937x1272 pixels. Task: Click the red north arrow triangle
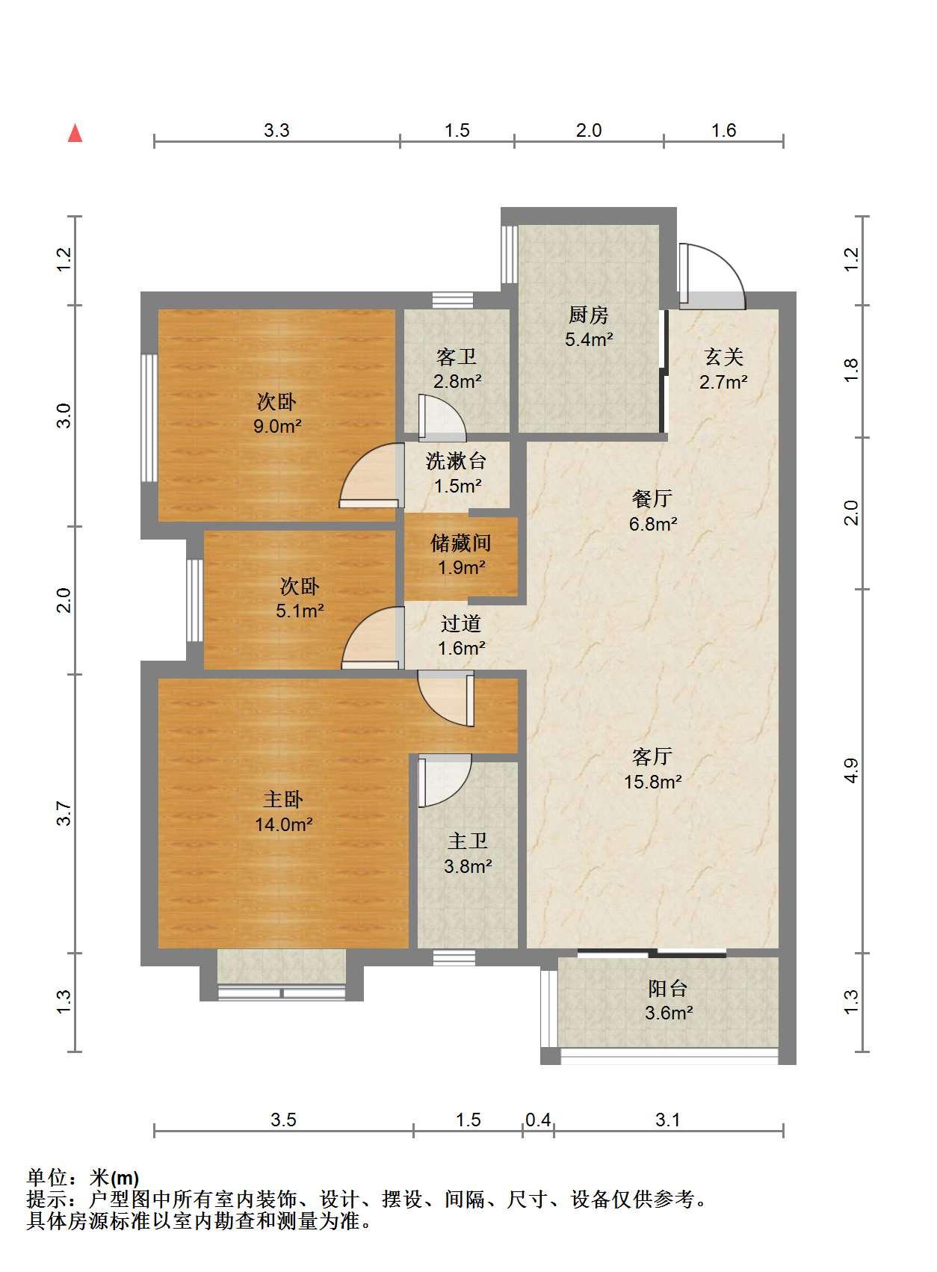tap(75, 134)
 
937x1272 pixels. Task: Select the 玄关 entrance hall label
tap(723, 356)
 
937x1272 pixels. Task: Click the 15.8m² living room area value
tap(652, 782)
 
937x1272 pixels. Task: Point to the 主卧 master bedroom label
tap(282, 800)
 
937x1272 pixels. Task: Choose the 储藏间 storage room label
tap(460, 543)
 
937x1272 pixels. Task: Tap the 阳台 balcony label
tap(668, 989)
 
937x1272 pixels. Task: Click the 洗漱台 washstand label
tap(456, 460)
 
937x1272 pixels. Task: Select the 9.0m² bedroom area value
tap(277, 426)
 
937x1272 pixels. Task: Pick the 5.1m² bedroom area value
tap(300, 611)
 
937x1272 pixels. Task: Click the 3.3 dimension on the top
tap(276, 131)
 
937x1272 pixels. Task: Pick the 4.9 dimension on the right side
tap(850, 771)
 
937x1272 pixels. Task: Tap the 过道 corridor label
tap(461, 623)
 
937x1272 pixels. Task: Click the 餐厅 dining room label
tap(652, 498)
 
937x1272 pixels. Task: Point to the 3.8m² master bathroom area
tap(468, 866)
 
